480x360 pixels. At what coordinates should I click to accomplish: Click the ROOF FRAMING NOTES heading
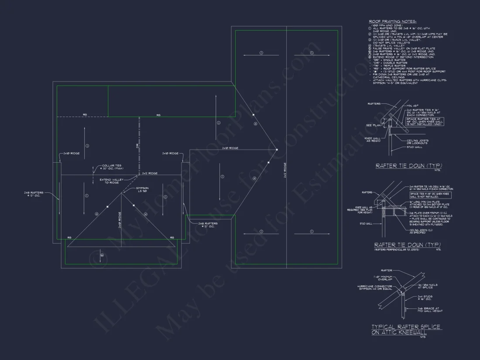tap(393, 21)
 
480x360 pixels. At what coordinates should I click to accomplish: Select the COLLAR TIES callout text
tap(109, 167)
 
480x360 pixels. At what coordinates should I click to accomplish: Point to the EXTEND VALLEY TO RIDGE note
tap(112, 181)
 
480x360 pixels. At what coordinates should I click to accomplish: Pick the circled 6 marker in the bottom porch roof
tap(102, 255)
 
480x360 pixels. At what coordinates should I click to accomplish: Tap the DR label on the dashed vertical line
tap(137, 146)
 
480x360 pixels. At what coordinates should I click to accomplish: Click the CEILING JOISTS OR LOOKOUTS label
tap(418, 141)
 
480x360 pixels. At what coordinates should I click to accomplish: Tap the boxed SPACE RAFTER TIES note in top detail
tap(424, 121)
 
